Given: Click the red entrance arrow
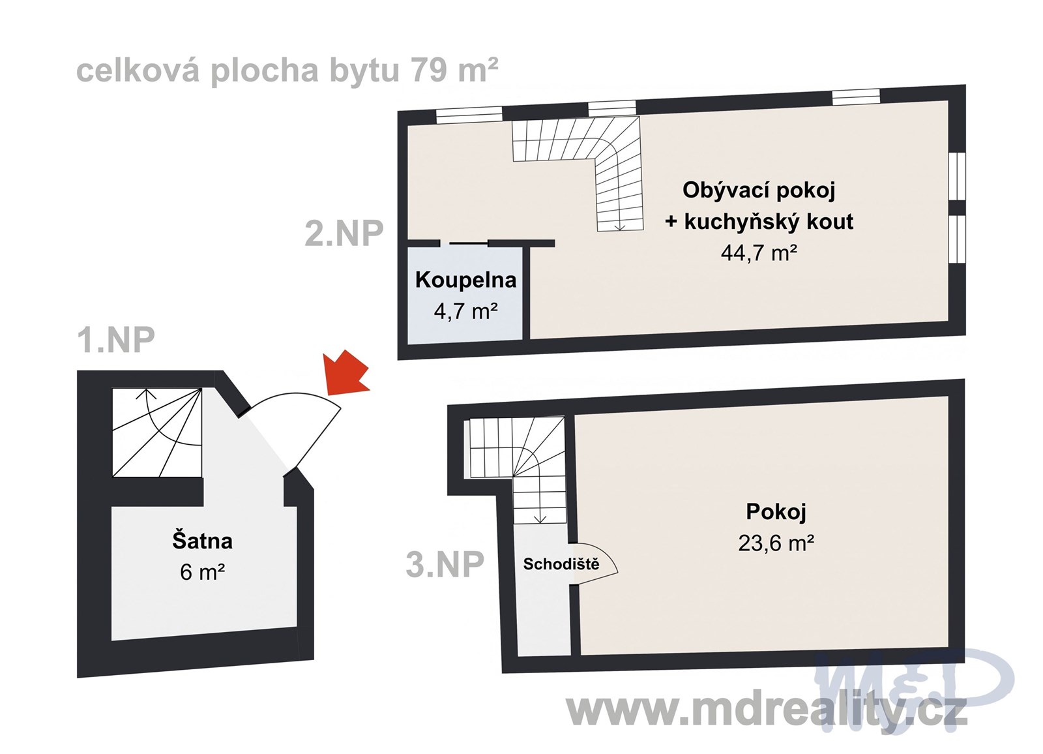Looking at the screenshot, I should tap(347, 374).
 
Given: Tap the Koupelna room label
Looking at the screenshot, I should tap(465, 280).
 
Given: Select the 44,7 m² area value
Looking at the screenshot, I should tap(759, 252).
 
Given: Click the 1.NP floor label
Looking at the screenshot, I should tap(116, 340).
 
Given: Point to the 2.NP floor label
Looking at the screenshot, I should tap(344, 233).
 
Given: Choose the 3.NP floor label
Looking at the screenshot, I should tap(445, 564).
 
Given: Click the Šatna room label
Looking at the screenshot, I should tap(202, 541).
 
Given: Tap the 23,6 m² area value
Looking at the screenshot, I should tap(776, 543).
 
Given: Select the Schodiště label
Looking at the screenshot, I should tap(561, 564).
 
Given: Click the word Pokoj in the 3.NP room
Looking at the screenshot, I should tap(776, 511).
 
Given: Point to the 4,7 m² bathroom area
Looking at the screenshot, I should tap(465, 311).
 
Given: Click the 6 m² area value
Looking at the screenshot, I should tap(202, 572).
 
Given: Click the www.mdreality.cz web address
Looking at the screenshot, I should tap(766, 710).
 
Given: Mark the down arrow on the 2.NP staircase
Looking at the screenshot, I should tap(619, 226).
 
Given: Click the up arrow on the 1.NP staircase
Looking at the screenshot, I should tap(146, 394).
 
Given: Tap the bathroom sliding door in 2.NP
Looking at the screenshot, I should tap(468, 243).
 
